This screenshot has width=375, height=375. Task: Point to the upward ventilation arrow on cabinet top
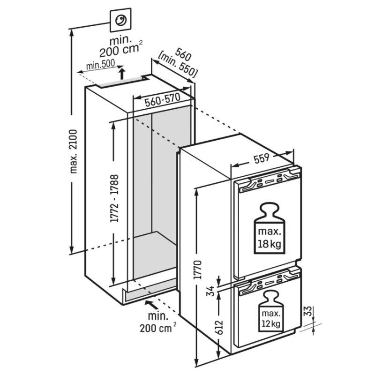tap(122, 73)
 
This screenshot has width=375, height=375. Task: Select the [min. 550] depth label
tap(179, 66)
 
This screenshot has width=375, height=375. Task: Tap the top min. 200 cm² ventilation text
tap(121, 47)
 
